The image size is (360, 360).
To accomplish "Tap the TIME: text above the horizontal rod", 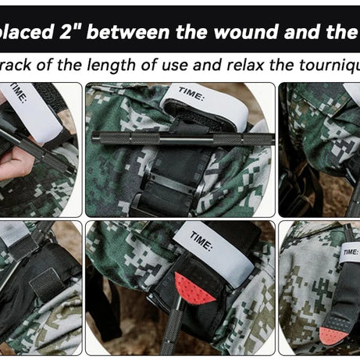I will point(191,94).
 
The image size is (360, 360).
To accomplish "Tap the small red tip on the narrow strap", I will point(334,335).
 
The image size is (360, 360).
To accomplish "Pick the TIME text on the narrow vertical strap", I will point(349,251).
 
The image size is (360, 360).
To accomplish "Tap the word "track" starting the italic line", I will point(20,65).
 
